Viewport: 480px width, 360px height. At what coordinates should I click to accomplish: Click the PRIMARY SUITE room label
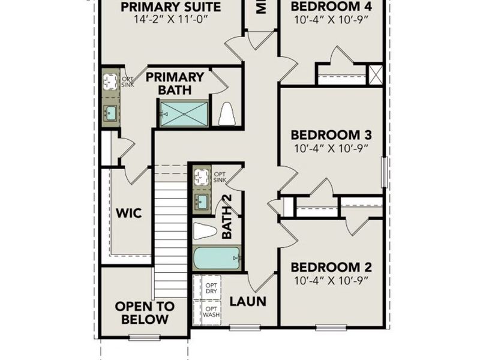coord(171,7)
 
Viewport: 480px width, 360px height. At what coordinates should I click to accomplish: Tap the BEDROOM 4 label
coord(331,7)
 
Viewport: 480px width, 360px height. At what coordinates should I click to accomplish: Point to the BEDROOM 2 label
coord(331,267)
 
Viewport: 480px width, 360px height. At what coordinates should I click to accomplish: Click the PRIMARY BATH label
coord(175,83)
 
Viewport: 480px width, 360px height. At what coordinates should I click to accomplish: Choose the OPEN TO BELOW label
coord(145,313)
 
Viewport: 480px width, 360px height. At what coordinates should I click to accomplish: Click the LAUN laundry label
coord(248,301)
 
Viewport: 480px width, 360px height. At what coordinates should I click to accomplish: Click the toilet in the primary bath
coord(227,114)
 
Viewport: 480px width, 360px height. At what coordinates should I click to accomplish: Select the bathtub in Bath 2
coord(217,260)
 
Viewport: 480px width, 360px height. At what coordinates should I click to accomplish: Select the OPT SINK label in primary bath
coord(128,82)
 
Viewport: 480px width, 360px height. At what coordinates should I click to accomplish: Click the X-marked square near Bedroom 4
coord(376,75)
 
